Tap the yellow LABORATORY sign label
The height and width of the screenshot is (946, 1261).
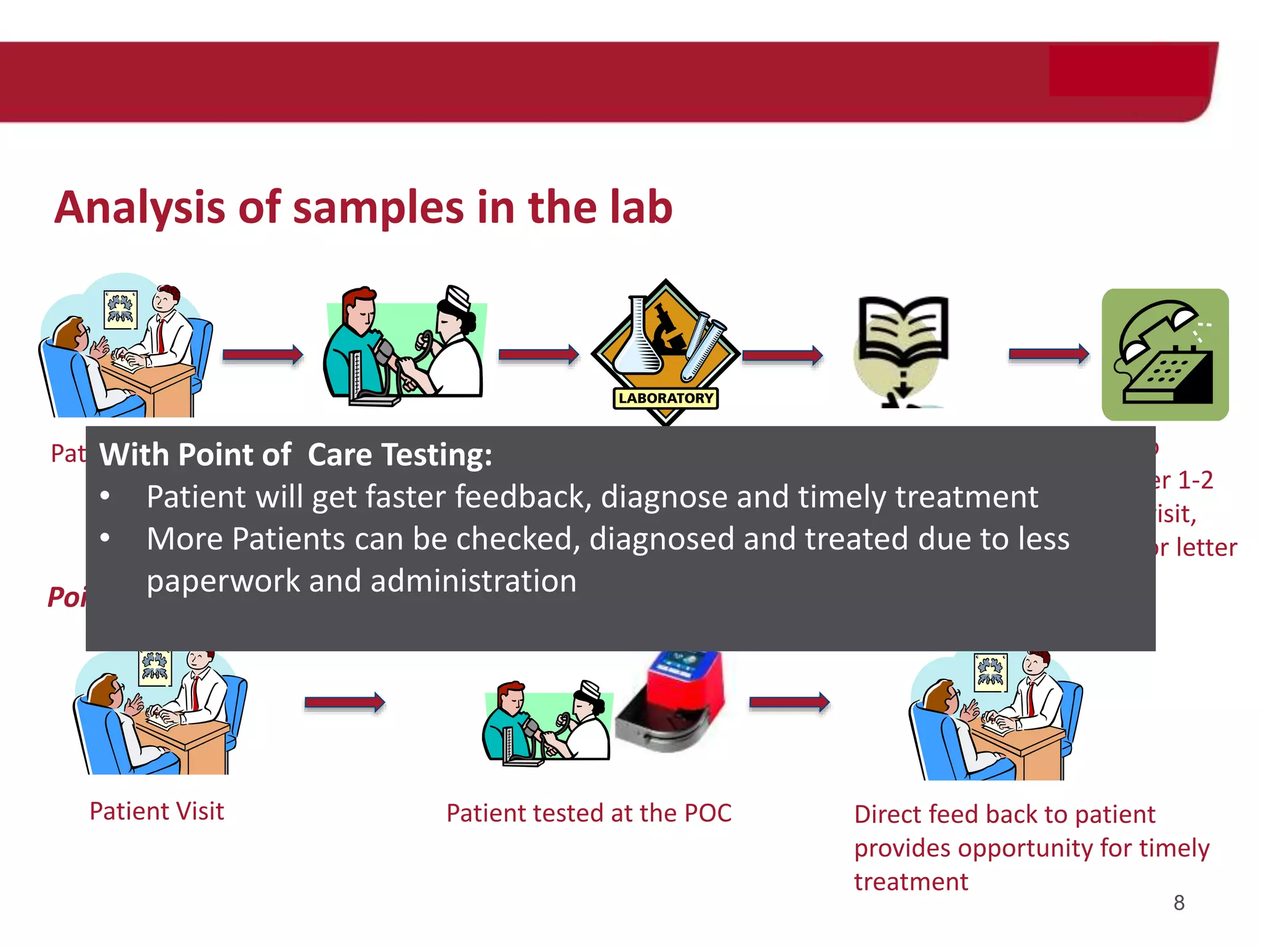click(x=666, y=398)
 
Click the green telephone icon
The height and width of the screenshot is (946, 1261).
click(x=1165, y=355)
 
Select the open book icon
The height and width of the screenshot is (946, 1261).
click(x=903, y=333)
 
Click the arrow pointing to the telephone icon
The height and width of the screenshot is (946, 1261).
click(x=1049, y=354)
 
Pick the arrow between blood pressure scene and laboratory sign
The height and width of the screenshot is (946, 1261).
click(x=538, y=355)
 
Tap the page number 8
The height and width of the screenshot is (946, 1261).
click(x=1178, y=903)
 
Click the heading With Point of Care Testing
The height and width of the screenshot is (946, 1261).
click(x=296, y=455)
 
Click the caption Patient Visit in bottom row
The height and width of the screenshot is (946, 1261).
click(x=156, y=811)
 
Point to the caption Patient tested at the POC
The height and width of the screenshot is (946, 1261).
click(x=589, y=813)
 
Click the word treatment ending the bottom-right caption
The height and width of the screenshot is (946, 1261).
click(x=911, y=882)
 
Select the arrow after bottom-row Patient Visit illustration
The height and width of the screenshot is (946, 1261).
click(x=345, y=702)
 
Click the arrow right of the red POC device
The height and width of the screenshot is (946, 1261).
click(x=789, y=702)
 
